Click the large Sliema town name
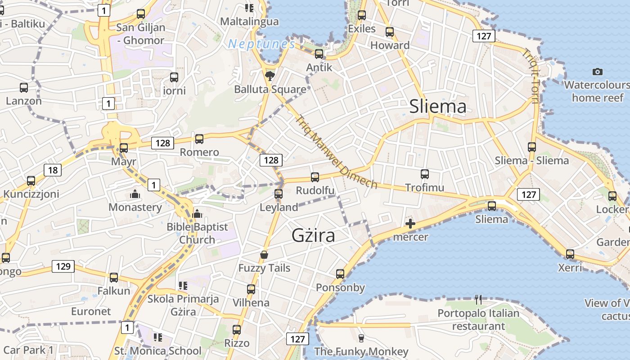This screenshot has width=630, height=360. pos(438,107)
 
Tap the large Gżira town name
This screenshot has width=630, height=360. pos(313,235)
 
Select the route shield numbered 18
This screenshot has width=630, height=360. pos(53,170)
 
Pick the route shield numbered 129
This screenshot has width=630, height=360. pos(63,266)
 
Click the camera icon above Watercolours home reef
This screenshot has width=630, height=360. pos(597,72)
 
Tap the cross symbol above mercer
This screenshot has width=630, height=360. pos(410,224)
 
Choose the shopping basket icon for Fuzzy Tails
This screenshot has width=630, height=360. pos(264,255)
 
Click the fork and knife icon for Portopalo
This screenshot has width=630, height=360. pos(478,299)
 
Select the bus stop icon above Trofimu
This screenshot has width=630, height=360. pos(424,174)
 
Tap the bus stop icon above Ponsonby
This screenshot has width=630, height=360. pos(340,274)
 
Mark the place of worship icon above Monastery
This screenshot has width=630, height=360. pos(135,194)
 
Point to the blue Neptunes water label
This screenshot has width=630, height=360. pos(261,44)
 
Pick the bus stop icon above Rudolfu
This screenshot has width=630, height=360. pos(315,177)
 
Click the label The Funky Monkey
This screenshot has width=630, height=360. pos(361,351)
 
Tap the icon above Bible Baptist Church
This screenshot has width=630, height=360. pos(197,214)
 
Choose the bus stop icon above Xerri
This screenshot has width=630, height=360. pos(570,254)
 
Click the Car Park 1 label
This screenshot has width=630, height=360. pos(28,350)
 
